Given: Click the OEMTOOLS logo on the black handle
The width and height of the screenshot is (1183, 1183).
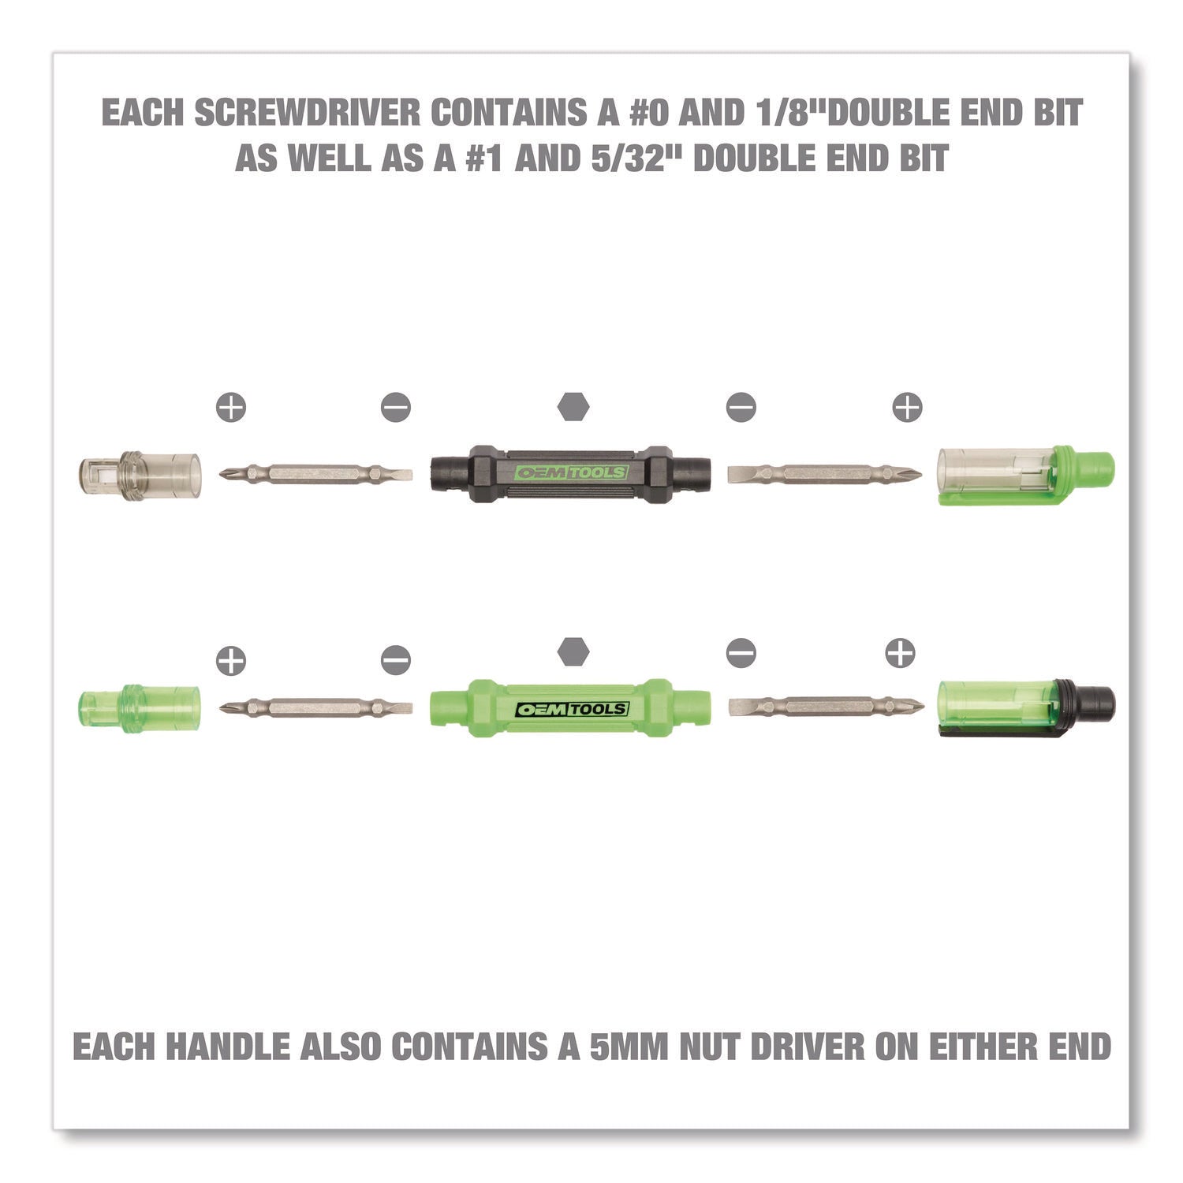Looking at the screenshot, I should click(570, 473).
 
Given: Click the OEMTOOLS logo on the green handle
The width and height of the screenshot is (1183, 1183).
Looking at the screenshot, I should click(571, 709).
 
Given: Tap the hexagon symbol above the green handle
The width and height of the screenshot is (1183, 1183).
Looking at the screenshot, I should click(573, 651).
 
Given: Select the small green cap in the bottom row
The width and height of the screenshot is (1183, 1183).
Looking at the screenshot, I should click(140, 699).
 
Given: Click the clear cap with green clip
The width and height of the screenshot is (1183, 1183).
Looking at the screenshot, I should click(1026, 476).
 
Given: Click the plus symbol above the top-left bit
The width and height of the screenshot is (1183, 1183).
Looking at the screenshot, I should click(231, 407).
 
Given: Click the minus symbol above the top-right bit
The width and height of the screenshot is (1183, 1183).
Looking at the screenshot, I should click(741, 407).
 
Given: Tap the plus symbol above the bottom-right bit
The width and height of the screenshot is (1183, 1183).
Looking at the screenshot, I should click(900, 653).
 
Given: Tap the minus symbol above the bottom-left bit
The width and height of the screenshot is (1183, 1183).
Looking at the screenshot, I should click(395, 659).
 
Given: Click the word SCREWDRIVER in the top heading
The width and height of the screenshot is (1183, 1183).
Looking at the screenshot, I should click(308, 113).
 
